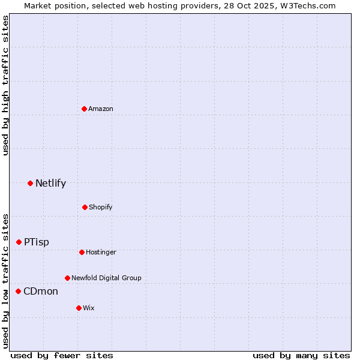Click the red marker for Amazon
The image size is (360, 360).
pyautogui.click(x=85, y=109)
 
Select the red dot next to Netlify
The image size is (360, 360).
pyautogui.click(x=30, y=183)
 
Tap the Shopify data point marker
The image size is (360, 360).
pyautogui.click(x=85, y=207)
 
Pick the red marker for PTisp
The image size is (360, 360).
pyautogui.click(x=19, y=242)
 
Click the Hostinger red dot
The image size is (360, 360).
pyautogui.click(x=82, y=252)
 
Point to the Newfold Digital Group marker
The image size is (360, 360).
pyautogui.click(x=67, y=278)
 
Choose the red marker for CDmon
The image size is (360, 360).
pyautogui.click(x=18, y=291)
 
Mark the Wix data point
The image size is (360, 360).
pyautogui.click(x=79, y=308)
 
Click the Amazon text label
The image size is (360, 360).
pyautogui.click(x=101, y=109)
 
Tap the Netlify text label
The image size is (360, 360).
pyautogui.click(x=50, y=183)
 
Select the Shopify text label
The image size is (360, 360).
pyautogui.click(x=101, y=207)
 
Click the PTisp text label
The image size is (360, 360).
pyautogui.click(x=37, y=242)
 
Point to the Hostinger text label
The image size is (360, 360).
pyautogui.click(x=101, y=252)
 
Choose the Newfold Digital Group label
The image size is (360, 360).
pyautogui.click(x=106, y=278)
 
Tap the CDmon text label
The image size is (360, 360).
pyautogui.click(x=41, y=291)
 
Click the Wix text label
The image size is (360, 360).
pyautogui.click(x=89, y=308)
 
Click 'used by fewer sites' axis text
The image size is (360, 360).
pyautogui.click(x=62, y=355)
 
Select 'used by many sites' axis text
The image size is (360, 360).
pyautogui.click(x=301, y=355)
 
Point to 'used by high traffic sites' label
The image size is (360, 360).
pyautogui.click(x=5, y=85)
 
